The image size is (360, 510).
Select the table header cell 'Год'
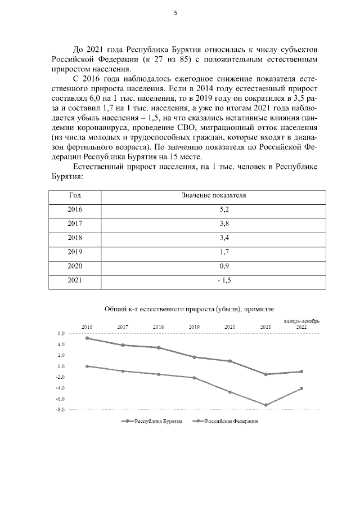coord(75,195)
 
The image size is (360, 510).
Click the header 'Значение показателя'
coord(214,195)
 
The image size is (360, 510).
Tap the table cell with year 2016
coord(75,209)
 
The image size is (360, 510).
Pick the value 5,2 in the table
coord(214,209)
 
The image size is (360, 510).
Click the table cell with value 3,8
coord(214,223)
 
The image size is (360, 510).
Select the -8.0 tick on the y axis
coord(60,410)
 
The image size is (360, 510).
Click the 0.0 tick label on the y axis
coord(61,366)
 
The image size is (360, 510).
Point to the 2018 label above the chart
coord(159,326)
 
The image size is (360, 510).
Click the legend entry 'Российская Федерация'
coord(225,421)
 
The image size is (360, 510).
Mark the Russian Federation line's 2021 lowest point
coord(265,405)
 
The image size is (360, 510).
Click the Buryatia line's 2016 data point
coord(87,338)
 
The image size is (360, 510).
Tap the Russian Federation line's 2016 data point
coord(87,366)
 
